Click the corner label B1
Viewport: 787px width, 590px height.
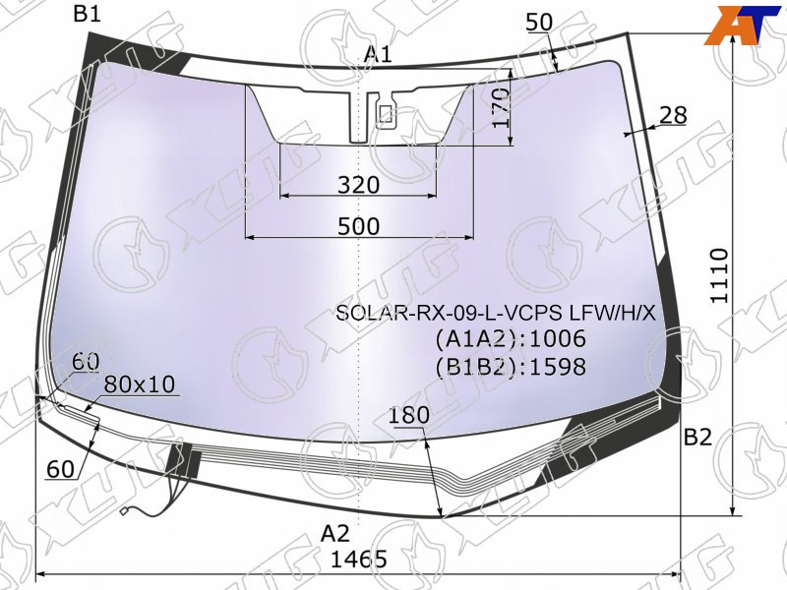(x=88, y=14)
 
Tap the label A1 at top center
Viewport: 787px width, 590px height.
(x=378, y=54)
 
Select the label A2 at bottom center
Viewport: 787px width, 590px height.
(x=335, y=533)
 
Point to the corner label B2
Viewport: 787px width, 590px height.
(x=698, y=438)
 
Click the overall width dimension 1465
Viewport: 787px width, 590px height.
(x=359, y=559)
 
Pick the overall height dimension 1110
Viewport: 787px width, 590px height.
(x=720, y=275)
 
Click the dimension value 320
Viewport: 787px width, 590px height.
(x=358, y=185)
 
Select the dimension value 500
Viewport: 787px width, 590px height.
(x=358, y=226)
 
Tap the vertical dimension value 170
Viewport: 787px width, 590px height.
(x=501, y=108)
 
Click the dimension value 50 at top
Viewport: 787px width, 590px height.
(x=539, y=22)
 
